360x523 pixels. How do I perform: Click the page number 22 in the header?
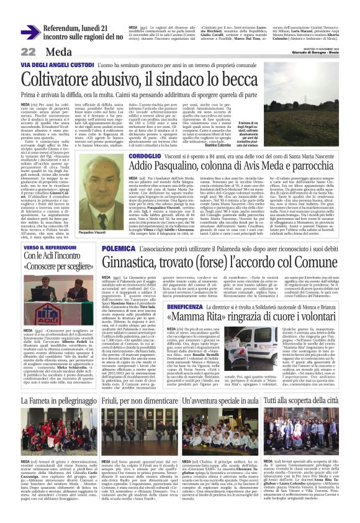click(x=12, y=52)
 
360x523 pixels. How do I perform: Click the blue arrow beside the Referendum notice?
click(x=29, y=31)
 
